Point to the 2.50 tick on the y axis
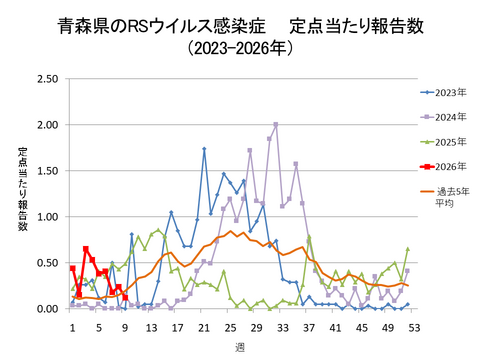point(46,79)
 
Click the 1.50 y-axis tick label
point(46,171)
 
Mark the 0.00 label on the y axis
point(46,309)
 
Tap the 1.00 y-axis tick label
point(46,217)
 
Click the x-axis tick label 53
point(414,327)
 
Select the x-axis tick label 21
point(204,327)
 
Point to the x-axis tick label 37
point(309,327)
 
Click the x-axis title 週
point(243,346)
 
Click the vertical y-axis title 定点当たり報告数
point(22,190)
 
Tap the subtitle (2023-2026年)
point(240,47)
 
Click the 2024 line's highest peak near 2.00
point(276,124)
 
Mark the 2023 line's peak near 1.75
point(204,149)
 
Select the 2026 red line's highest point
point(86,249)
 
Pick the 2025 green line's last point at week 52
point(408,249)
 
